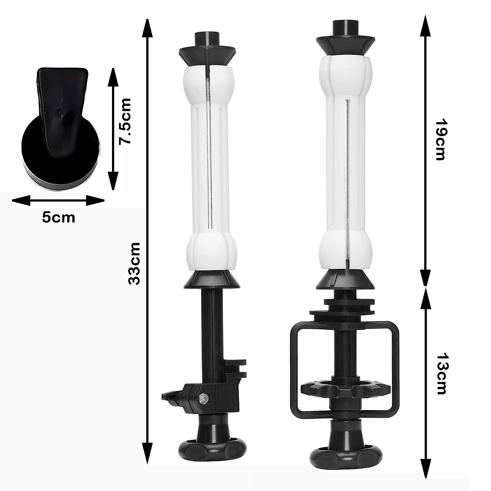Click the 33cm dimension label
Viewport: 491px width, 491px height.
[134, 263]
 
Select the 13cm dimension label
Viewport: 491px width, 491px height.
[442, 374]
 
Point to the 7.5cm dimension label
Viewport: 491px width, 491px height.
[124, 121]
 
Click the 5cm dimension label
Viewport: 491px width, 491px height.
[58, 218]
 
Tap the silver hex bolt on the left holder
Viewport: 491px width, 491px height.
[202, 398]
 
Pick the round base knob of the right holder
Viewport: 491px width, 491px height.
[346, 458]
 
